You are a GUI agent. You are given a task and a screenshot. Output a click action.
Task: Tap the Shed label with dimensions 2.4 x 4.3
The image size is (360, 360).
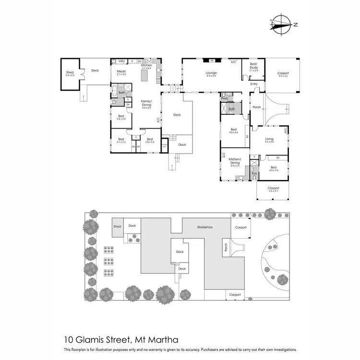tap(70, 73)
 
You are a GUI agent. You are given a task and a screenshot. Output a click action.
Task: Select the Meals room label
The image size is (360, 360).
tap(121, 72)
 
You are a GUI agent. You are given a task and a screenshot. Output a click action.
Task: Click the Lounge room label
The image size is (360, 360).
tap(211, 74)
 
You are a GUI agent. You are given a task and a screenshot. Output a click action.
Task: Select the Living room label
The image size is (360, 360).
tap(269, 140)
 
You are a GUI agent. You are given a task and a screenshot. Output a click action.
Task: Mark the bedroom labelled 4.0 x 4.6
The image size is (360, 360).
tap(234, 131)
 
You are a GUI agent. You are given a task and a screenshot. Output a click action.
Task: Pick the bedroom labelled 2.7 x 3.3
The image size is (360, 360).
tap(121, 141)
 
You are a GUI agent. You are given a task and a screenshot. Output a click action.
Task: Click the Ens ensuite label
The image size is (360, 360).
tap(254, 173)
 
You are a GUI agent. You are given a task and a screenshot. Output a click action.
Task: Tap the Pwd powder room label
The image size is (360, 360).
tap(224, 98)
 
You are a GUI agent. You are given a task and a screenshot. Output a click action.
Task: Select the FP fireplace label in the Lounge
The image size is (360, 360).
tap(211, 61)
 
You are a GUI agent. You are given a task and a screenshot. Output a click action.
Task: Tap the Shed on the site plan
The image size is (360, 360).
tap(117, 227)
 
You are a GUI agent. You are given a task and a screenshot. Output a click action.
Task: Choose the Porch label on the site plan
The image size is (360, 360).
tap(226, 248)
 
